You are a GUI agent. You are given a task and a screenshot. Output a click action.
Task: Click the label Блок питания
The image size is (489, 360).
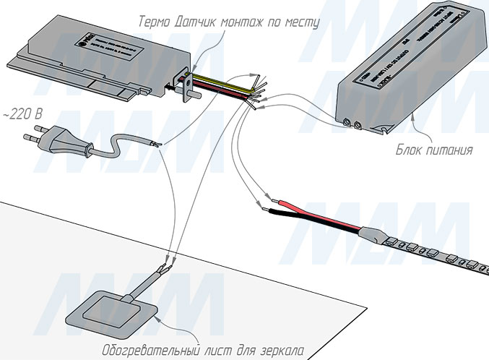[434, 151]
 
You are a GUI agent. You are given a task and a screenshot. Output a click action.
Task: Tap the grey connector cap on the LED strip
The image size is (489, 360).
[374, 233]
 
